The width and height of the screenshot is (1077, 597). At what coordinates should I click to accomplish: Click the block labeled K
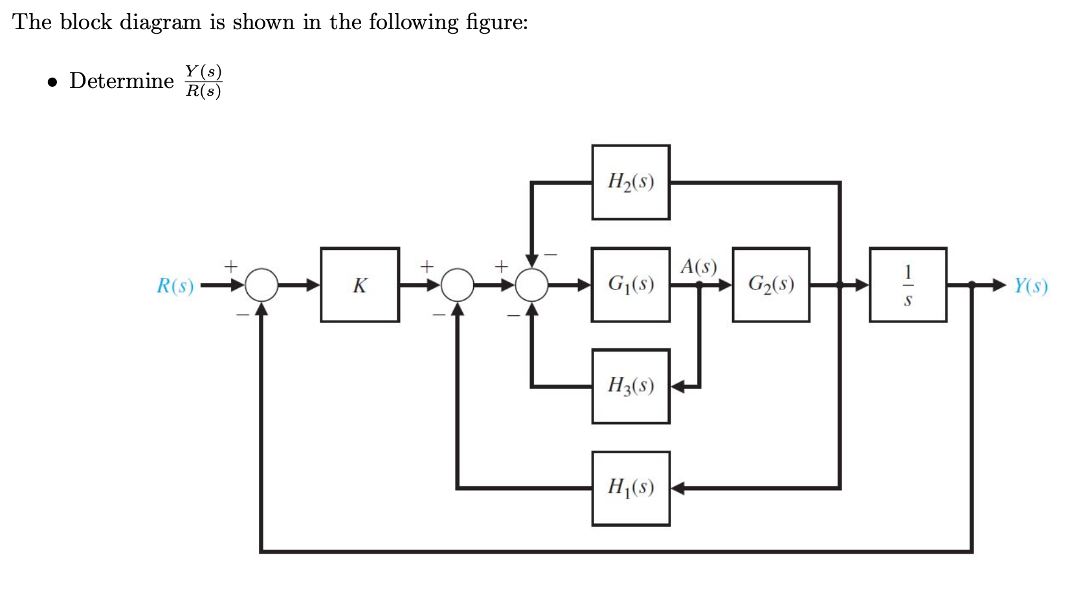(x=360, y=285)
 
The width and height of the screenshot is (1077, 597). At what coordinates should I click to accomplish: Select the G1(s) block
(x=630, y=285)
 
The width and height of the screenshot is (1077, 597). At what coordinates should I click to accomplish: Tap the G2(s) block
(x=771, y=285)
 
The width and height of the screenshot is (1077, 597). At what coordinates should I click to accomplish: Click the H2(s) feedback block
(x=630, y=182)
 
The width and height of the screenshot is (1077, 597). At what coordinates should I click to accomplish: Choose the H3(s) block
(x=630, y=387)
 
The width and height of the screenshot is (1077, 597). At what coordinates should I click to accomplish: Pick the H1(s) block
(x=630, y=488)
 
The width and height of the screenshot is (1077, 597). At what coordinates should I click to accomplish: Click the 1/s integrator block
(x=907, y=285)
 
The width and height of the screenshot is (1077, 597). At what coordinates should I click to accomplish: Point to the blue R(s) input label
(x=175, y=286)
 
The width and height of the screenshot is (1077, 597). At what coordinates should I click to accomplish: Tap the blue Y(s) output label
(x=1030, y=286)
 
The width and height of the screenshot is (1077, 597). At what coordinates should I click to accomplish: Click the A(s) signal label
(x=698, y=266)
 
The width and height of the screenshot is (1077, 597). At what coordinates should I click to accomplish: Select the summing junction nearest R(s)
(x=261, y=285)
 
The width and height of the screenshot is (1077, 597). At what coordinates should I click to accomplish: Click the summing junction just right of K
(x=458, y=285)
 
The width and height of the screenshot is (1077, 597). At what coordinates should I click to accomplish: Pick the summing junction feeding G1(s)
(x=531, y=285)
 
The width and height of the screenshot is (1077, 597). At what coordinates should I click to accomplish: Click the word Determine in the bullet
(x=122, y=81)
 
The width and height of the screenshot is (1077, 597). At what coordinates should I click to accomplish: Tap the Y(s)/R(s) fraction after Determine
(x=203, y=81)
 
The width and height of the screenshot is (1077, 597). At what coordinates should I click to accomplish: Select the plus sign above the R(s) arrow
(x=231, y=266)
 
